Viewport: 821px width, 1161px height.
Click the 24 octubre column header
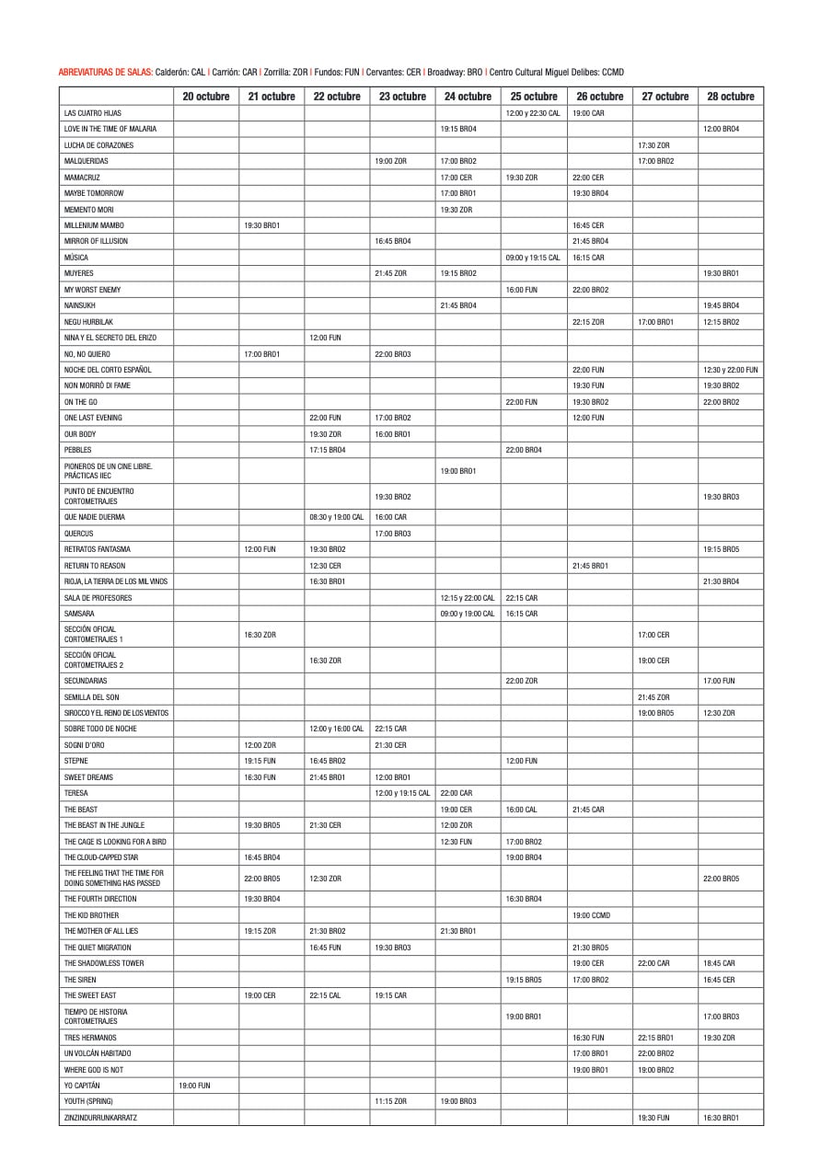click(x=468, y=97)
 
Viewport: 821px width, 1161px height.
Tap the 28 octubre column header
click(x=731, y=97)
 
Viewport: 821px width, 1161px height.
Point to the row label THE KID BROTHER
click(x=91, y=915)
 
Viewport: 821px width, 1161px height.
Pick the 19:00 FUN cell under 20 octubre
click(x=194, y=1086)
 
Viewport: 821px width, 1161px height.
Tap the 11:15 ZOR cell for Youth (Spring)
click(x=391, y=1101)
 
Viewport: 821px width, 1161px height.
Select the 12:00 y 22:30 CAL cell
click(x=533, y=113)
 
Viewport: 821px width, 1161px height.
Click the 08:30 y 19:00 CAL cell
click(x=337, y=517)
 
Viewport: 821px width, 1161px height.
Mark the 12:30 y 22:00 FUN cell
click(x=731, y=370)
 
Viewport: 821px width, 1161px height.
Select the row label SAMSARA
click(x=79, y=614)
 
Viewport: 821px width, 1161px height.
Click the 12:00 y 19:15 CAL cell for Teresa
click(x=402, y=793)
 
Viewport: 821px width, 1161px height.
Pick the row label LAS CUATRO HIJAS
click(x=93, y=113)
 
